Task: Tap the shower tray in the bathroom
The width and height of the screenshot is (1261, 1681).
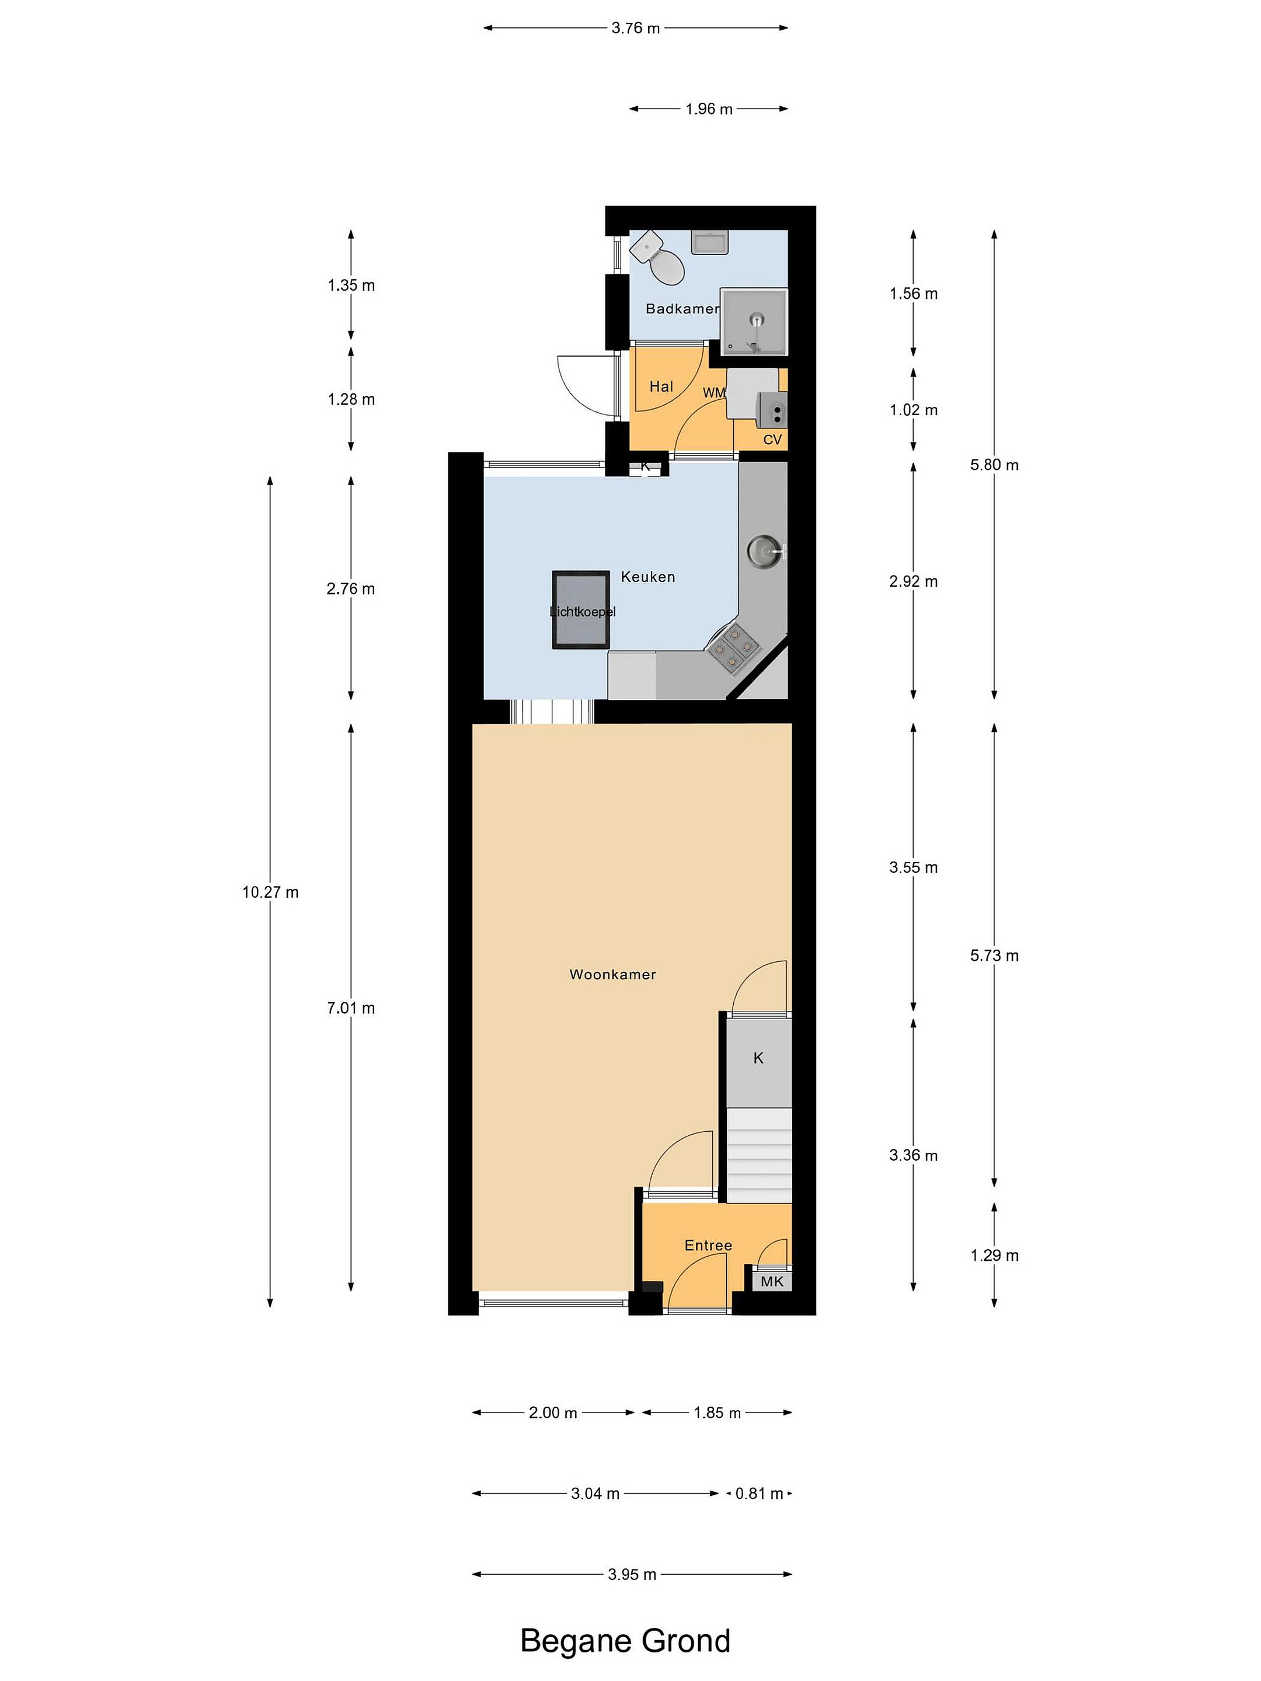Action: tap(753, 322)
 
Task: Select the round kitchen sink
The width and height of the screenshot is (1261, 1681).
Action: tap(762, 549)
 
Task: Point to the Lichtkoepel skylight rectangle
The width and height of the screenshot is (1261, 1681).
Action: tap(581, 609)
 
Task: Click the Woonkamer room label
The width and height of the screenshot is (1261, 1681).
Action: tap(612, 974)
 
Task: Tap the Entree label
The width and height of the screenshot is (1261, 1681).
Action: tap(708, 1245)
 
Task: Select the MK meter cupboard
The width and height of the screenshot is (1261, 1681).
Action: tap(772, 1281)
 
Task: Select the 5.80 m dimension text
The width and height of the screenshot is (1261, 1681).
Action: tap(994, 465)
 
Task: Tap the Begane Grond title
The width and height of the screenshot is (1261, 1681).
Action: tap(625, 1641)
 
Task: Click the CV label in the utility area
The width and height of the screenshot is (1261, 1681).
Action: tap(772, 440)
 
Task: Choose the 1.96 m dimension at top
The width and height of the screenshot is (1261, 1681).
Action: tap(708, 109)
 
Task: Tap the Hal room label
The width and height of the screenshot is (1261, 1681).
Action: tap(660, 386)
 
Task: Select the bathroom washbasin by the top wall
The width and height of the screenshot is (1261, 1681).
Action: tap(710, 242)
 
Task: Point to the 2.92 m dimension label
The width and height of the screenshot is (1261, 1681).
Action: tap(914, 581)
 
